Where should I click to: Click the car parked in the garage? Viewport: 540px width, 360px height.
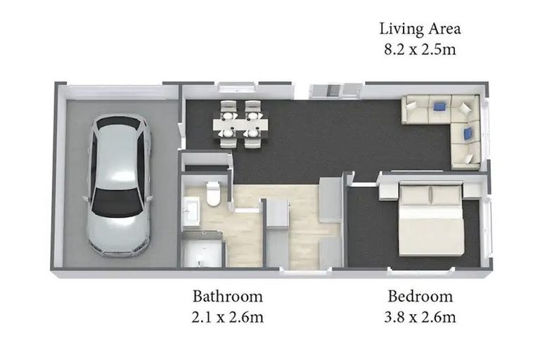pyautogui.click(x=119, y=186)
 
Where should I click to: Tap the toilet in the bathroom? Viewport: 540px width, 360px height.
pyautogui.click(x=213, y=193)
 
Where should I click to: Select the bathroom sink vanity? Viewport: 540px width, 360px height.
pyautogui.click(x=191, y=211)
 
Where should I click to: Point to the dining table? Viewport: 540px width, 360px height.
pyautogui.click(x=240, y=124)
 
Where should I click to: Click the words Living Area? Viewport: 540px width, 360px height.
pyautogui.click(x=420, y=29)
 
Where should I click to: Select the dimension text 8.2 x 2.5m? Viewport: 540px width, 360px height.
pyautogui.click(x=420, y=49)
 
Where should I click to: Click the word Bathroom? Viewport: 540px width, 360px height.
pyautogui.click(x=228, y=296)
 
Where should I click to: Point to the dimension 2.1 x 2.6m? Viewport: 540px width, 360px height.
pyautogui.click(x=228, y=317)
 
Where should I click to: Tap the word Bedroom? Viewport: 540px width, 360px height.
pyautogui.click(x=420, y=296)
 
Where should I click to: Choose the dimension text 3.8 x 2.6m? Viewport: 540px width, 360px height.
pyautogui.click(x=420, y=317)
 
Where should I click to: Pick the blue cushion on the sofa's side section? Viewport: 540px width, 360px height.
pyautogui.click(x=468, y=134)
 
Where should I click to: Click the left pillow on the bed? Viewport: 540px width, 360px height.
pyautogui.click(x=415, y=196)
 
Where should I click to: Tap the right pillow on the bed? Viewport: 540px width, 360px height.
pyautogui.click(x=446, y=196)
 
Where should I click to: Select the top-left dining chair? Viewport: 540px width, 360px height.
pyautogui.click(x=228, y=110)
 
